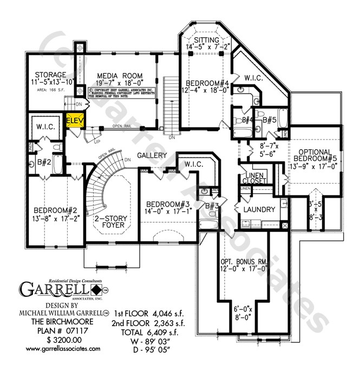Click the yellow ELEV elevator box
[74, 121]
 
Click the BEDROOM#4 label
[208, 83]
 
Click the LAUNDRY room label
[260, 209]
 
